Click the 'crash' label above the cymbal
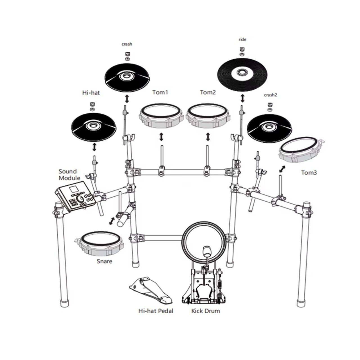tap(127, 44)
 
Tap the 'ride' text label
tap(242, 39)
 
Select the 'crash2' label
tap(270, 95)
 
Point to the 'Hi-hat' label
tap(91, 93)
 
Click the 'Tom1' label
tap(160, 92)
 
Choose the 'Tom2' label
tap(208, 92)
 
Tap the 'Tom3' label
tap(309, 172)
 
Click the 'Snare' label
tap(104, 261)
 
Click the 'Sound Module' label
tap(69, 175)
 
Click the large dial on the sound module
tap(80, 199)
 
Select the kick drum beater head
tap(207, 251)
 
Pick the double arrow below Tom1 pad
tap(161, 137)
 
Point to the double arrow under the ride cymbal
tap(242, 98)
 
